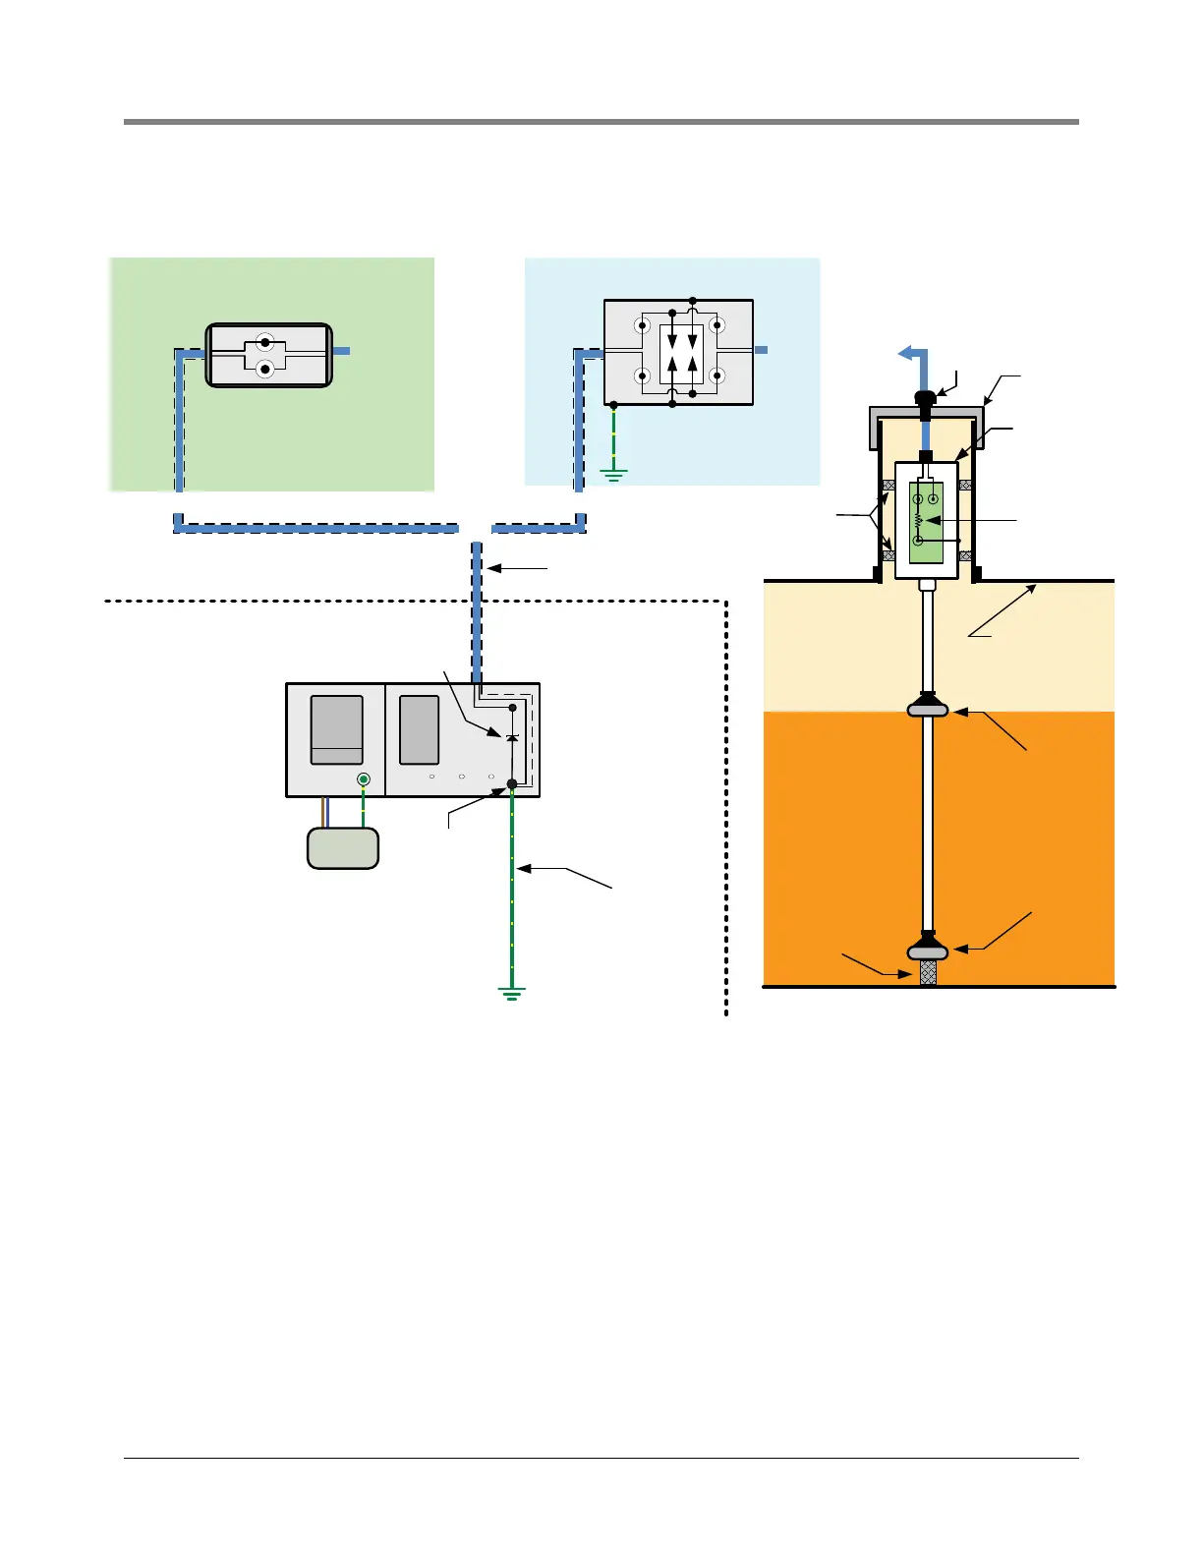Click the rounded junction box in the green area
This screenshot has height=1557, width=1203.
[268, 355]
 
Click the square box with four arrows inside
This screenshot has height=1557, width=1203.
[679, 352]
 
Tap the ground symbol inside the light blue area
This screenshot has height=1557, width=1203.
[613, 476]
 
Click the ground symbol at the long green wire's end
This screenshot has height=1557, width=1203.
[512, 993]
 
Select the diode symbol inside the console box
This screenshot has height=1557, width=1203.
[511, 736]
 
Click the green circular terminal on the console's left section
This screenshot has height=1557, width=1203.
[364, 779]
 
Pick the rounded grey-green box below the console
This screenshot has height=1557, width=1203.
[343, 848]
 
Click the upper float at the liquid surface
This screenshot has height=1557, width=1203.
[927, 707]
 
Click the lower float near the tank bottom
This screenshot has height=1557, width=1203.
[927, 951]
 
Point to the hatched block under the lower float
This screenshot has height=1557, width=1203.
[927, 973]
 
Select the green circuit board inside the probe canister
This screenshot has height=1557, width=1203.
[926, 523]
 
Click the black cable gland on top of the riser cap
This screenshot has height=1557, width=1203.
[924, 399]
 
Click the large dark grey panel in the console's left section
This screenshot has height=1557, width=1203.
[336, 729]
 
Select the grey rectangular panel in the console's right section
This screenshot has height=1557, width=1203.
[420, 729]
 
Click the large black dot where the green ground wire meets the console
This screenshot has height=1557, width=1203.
[511, 783]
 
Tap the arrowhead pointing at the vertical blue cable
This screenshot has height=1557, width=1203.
[491, 568]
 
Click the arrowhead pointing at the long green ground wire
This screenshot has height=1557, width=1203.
[522, 868]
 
